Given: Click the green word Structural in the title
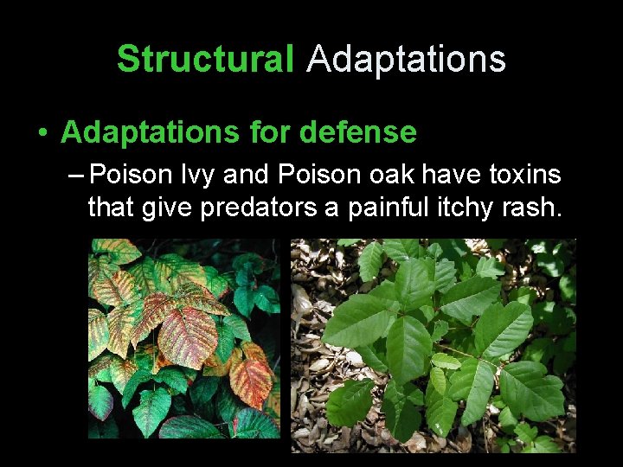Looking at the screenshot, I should pyautogui.click(x=205, y=60).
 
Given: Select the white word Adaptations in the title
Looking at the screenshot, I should pyautogui.click(x=406, y=60).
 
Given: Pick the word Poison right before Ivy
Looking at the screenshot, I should pyautogui.click(x=131, y=176).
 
